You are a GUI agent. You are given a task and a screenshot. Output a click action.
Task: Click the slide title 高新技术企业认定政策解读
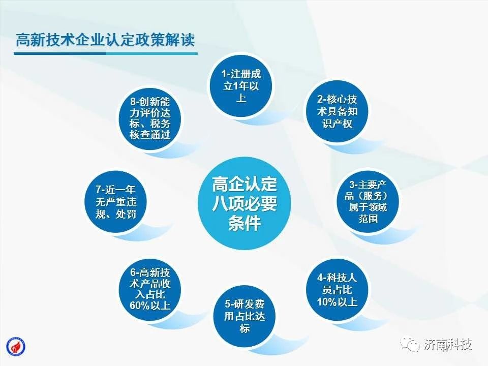point(105,40)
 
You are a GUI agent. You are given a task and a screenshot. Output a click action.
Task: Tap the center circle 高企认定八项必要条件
point(245,203)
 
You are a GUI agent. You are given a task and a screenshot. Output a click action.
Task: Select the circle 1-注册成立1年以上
point(240,86)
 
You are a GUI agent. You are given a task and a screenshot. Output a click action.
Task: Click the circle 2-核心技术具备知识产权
point(337,111)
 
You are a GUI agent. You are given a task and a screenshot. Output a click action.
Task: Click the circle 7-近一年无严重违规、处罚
point(116,202)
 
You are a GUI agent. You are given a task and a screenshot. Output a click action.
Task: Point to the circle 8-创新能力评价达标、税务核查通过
point(150,118)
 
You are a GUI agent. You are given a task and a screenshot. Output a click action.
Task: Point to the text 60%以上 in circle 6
point(150,306)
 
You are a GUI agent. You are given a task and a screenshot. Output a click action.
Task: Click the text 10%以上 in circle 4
point(337,301)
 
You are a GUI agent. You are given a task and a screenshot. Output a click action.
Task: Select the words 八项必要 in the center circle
point(245,203)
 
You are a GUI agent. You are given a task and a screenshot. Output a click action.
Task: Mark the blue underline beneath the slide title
point(106,53)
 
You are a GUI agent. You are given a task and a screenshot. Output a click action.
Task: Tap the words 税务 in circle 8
point(160,124)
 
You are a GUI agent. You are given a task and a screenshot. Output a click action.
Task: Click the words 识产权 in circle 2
point(337,124)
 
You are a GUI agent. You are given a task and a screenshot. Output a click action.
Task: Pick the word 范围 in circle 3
point(368,219)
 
